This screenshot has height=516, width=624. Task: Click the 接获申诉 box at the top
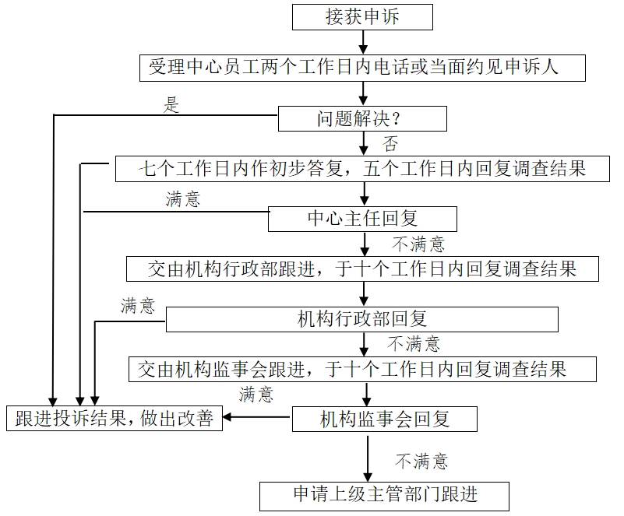point(362,16)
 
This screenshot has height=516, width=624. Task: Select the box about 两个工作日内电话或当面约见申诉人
point(363,68)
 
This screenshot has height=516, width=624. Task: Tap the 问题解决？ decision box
point(363,119)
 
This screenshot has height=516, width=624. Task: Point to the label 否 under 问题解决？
point(390,144)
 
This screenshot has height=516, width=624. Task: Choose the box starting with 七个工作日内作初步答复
point(362,169)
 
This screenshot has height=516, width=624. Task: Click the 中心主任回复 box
point(362,219)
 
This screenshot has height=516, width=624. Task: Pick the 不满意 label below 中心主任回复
point(418,244)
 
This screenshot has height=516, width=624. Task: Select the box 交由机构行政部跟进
point(362,269)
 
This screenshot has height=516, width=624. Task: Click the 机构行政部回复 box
point(362,319)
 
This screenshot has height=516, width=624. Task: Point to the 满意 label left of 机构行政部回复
point(138,306)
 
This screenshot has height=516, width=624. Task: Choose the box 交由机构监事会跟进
point(362,369)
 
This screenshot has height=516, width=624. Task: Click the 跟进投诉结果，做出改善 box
point(115,419)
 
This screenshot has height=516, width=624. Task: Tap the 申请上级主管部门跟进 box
point(385,494)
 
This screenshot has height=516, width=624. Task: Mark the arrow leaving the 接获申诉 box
point(363,41)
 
